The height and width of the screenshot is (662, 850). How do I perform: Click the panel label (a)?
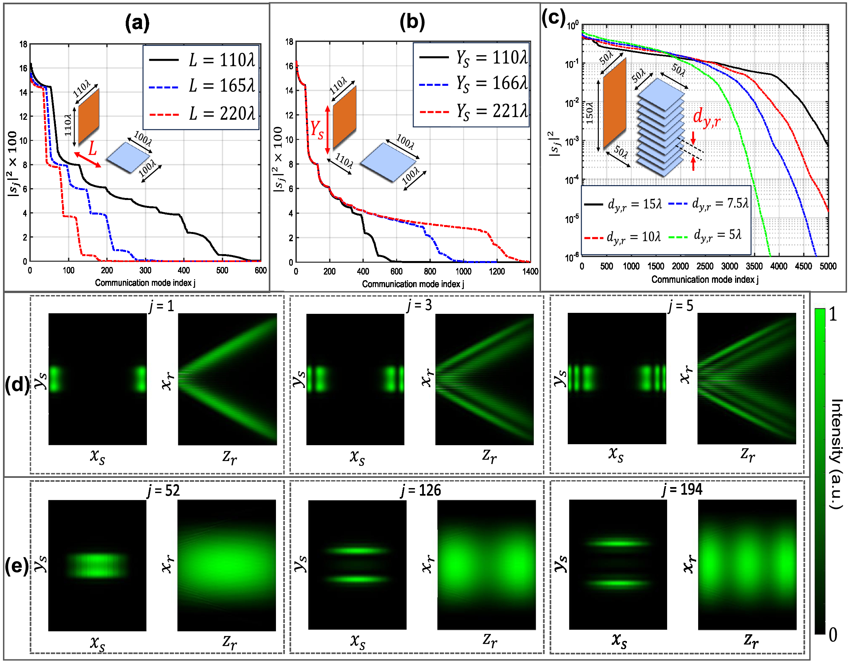pos(137,23)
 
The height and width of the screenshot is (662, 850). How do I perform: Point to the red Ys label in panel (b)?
pos(317,129)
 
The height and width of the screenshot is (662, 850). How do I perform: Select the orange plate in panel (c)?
pos(615,103)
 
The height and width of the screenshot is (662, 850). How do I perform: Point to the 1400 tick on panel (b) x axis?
pos(530,271)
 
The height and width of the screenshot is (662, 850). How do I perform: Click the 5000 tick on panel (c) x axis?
pos(828,266)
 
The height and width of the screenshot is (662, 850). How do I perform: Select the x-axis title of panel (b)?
pos(413,284)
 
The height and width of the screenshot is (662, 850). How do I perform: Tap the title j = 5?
pos(681,306)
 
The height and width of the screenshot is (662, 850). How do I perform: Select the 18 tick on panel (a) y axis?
pos(24,44)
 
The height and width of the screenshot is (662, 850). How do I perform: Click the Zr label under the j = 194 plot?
pos(751,641)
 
